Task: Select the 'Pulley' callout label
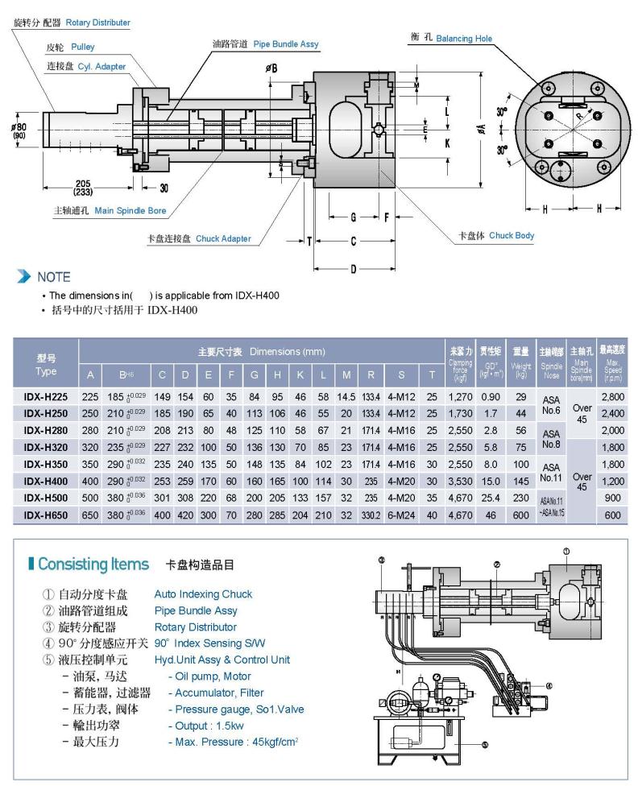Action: (82, 48)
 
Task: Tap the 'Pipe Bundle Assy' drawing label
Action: (286, 45)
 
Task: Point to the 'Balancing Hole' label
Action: (463, 39)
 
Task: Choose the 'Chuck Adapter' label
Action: (222, 238)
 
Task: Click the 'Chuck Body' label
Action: (512, 236)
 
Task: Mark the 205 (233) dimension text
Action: (81, 188)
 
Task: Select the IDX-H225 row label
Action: (46, 395)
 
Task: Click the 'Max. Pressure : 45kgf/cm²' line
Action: (233, 741)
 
